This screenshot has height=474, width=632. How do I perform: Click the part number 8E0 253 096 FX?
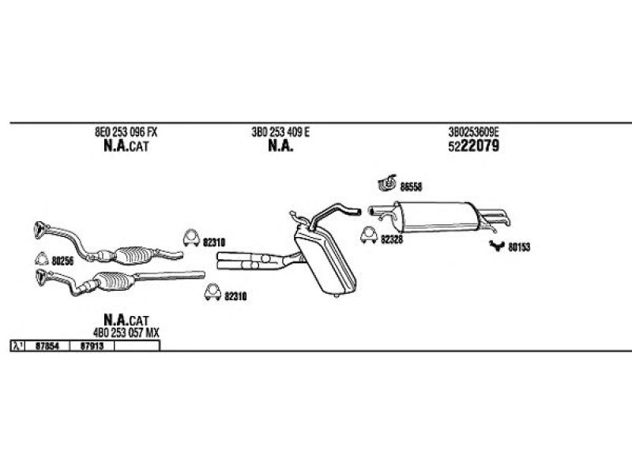click(126, 132)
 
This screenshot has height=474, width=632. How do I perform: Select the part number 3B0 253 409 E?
click(280, 132)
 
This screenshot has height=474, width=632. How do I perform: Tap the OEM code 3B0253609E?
click(473, 132)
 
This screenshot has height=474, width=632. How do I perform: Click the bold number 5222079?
click(473, 146)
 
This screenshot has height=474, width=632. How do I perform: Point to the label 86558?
click(411, 187)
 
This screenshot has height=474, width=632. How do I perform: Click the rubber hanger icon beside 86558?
click(387, 183)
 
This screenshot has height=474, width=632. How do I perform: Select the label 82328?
click(392, 240)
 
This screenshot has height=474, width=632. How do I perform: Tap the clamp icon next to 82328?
click(368, 235)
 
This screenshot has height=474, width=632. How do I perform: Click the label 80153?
click(519, 247)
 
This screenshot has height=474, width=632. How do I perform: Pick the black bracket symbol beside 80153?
click(497, 246)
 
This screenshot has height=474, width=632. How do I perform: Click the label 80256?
click(63, 261)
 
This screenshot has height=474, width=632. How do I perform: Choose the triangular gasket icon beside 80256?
click(42, 259)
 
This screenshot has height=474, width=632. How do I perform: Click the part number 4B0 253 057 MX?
click(126, 333)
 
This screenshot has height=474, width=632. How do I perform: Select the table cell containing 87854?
click(47, 346)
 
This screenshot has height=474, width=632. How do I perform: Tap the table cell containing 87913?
click(92, 346)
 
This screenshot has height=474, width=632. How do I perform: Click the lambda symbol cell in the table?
click(17, 346)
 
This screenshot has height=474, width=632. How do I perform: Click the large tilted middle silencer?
click(325, 261)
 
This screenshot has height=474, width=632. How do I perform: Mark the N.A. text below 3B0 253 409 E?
click(280, 146)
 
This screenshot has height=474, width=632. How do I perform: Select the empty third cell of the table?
click(137, 346)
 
